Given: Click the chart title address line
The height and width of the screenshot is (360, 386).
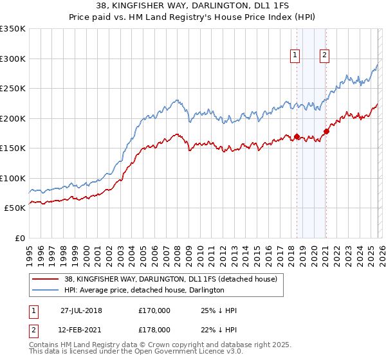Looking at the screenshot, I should pyautogui.click(x=193, y=7).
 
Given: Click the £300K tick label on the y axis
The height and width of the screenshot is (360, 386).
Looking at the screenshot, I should pyautogui.click(x=13, y=59).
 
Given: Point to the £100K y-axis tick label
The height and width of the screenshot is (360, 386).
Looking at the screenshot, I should pyautogui.click(x=13, y=178).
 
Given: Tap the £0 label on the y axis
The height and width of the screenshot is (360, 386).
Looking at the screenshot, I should pyautogui.click(x=19, y=238).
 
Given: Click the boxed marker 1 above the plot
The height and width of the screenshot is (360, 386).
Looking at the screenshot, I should pyautogui.click(x=295, y=56).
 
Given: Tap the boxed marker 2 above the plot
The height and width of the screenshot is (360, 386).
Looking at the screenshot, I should pyautogui.click(x=325, y=56).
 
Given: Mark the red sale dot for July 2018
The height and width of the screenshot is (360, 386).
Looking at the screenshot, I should pyautogui.click(x=297, y=136).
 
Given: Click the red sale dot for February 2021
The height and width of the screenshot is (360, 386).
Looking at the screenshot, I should pyautogui.click(x=326, y=131).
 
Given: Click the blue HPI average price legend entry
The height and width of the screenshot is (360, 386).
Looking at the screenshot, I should pyautogui.click(x=143, y=290).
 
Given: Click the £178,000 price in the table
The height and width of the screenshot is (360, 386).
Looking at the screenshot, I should pyautogui.click(x=154, y=328).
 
